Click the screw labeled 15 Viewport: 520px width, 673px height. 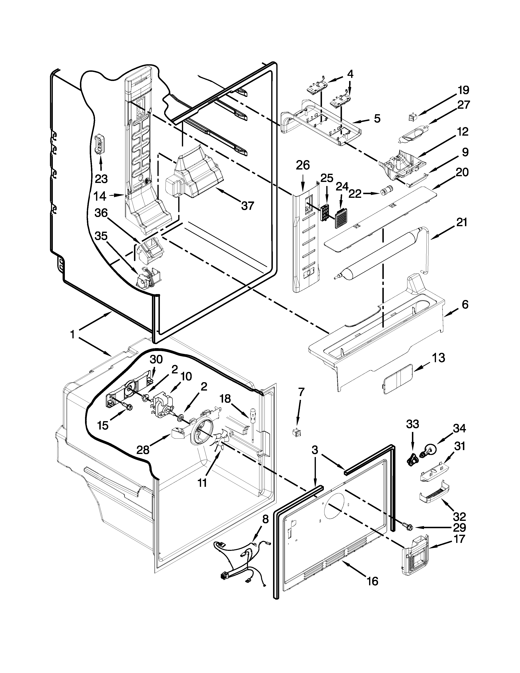point(127,407)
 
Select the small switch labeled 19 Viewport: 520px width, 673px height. point(412,117)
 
